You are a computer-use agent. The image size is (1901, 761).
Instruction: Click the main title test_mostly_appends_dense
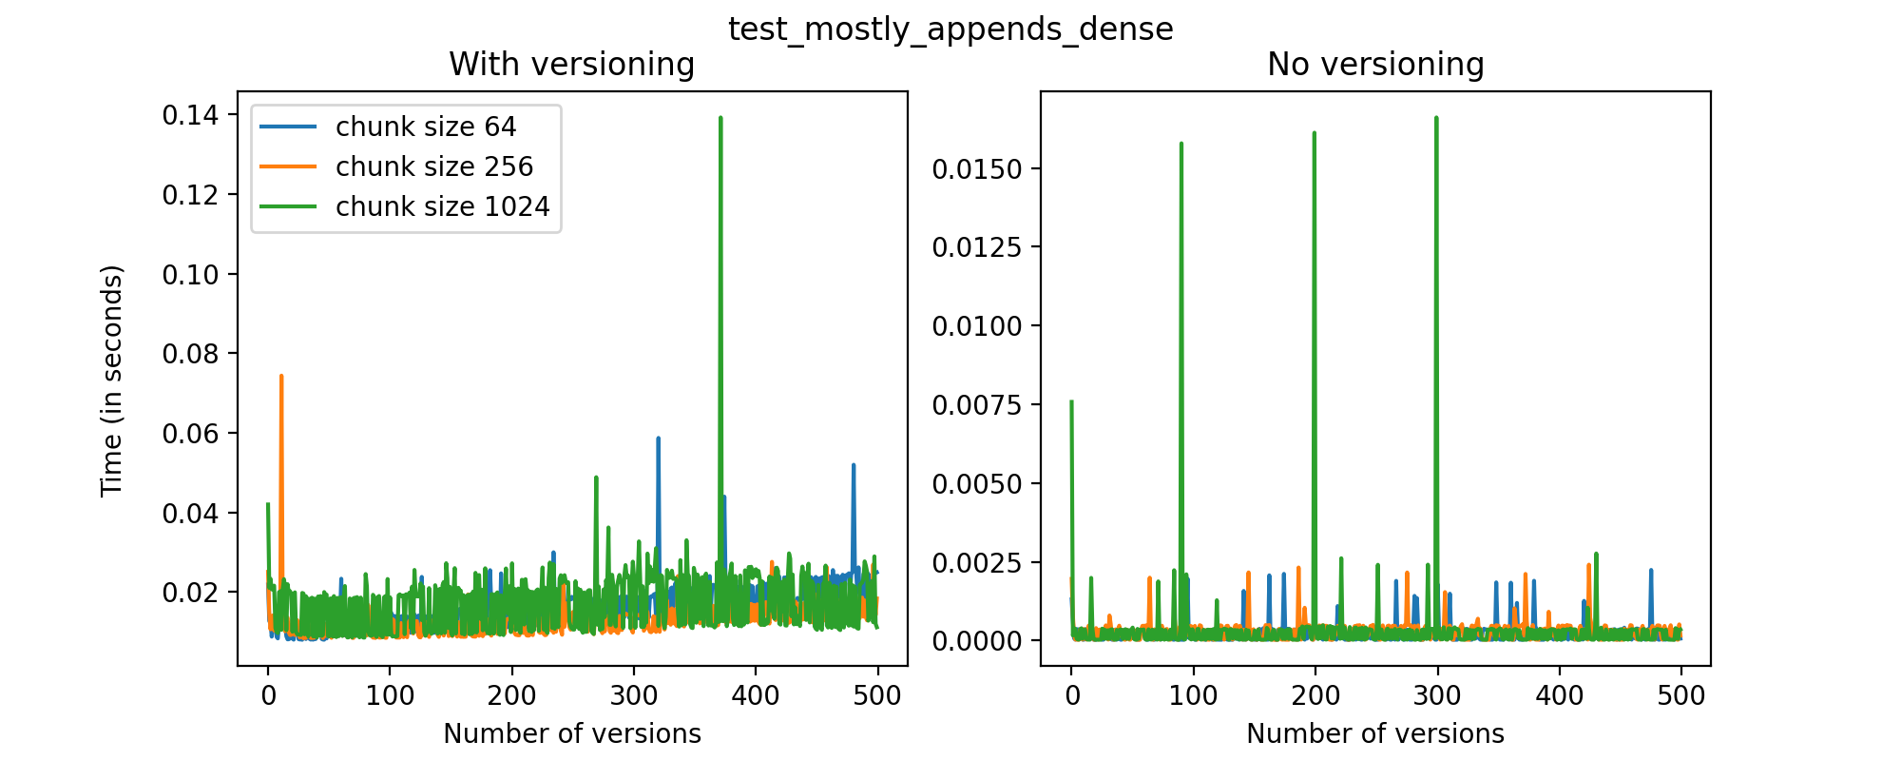tap(950, 29)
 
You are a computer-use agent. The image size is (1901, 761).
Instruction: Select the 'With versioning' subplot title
tap(571, 65)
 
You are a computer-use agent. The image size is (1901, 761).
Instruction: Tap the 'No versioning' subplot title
tap(1375, 65)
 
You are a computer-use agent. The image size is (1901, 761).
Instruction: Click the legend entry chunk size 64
tap(426, 127)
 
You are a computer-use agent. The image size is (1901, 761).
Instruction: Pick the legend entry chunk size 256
tap(434, 166)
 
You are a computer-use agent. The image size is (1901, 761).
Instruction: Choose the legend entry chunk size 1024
tap(442, 206)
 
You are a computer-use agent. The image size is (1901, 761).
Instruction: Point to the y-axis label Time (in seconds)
tap(112, 380)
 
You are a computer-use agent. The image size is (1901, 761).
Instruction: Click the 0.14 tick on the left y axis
tap(189, 115)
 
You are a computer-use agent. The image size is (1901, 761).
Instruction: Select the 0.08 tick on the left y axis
tap(189, 354)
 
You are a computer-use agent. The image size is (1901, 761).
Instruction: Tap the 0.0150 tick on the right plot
tap(976, 169)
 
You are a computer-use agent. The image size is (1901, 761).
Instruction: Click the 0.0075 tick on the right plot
tap(976, 405)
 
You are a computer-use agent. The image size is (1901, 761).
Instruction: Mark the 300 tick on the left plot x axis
tap(633, 695)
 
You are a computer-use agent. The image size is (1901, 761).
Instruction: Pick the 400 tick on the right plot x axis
tap(1559, 695)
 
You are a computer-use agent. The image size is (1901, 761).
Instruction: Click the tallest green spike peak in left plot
tap(720, 118)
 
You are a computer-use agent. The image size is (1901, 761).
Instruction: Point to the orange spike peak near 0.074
tap(281, 376)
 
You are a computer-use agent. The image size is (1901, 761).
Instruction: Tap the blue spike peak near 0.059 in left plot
tap(658, 439)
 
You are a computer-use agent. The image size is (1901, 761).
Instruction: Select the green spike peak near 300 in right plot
tap(1436, 118)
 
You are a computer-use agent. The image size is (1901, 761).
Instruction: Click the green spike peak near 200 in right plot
tap(1315, 133)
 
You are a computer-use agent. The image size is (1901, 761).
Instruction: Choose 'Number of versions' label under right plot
tap(1375, 733)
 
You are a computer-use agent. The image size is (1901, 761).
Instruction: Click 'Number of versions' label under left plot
tap(571, 733)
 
